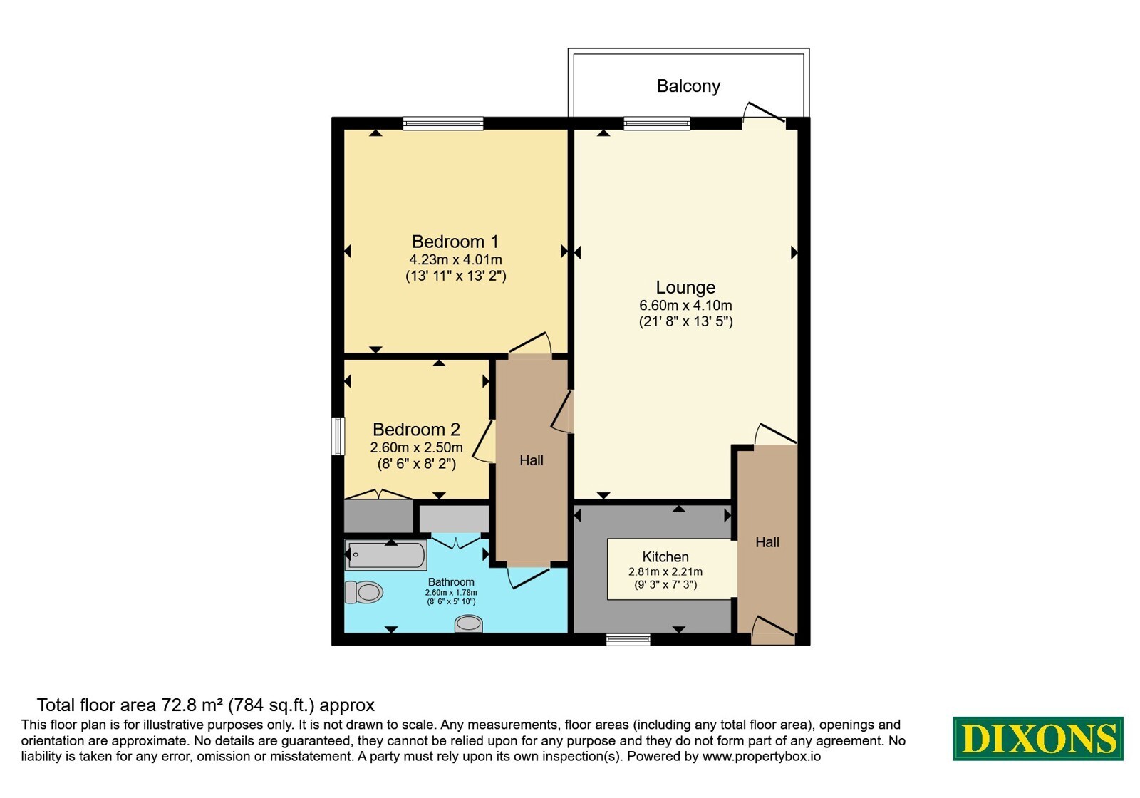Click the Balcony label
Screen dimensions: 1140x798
click(x=688, y=86)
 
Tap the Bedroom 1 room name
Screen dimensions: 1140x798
click(x=455, y=242)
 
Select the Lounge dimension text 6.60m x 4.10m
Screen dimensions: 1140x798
click(x=685, y=306)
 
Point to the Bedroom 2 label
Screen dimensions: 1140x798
click(x=416, y=430)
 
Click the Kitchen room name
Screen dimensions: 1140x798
click(x=665, y=556)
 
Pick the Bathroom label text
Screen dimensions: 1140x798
click(x=451, y=581)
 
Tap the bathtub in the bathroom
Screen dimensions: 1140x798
click(x=385, y=555)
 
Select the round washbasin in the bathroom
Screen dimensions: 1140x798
click(x=468, y=623)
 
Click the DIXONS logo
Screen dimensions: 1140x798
click(x=1037, y=739)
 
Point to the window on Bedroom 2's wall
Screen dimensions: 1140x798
click(x=338, y=436)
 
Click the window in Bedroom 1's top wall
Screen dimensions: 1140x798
click(x=442, y=123)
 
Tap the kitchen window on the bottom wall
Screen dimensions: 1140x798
click(x=628, y=639)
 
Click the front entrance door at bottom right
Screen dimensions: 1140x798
click(x=772, y=631)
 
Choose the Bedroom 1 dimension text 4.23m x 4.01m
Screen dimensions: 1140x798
click(x=455, y=259)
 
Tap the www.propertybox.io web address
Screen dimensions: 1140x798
click(x=762, y=756)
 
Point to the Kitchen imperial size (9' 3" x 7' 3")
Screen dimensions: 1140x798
click(x=665, y=584)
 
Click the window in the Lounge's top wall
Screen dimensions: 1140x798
click(x=656, y=123)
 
